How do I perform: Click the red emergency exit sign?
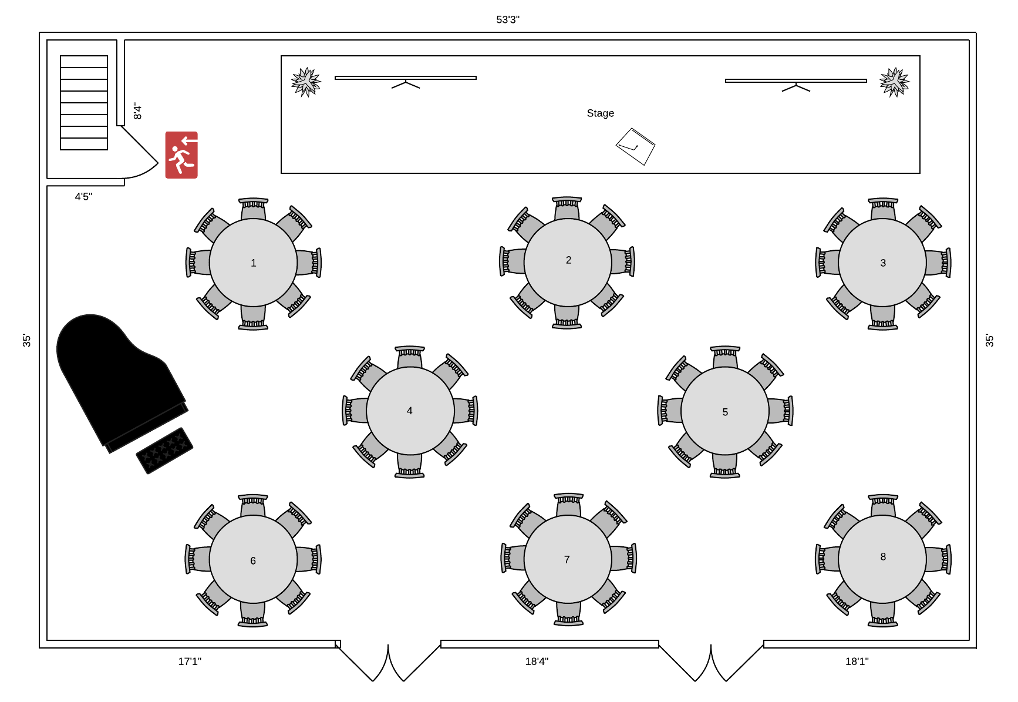(181, 154)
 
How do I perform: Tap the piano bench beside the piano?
(164, 451)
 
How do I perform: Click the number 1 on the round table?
(254, 263)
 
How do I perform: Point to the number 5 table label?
(725, 412)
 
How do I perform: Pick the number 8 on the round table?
(883, 557)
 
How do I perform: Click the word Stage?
(601, 113)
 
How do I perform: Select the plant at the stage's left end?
(306, 82)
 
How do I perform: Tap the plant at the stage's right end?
(895, 82)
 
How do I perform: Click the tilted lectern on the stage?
(636, 146)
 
